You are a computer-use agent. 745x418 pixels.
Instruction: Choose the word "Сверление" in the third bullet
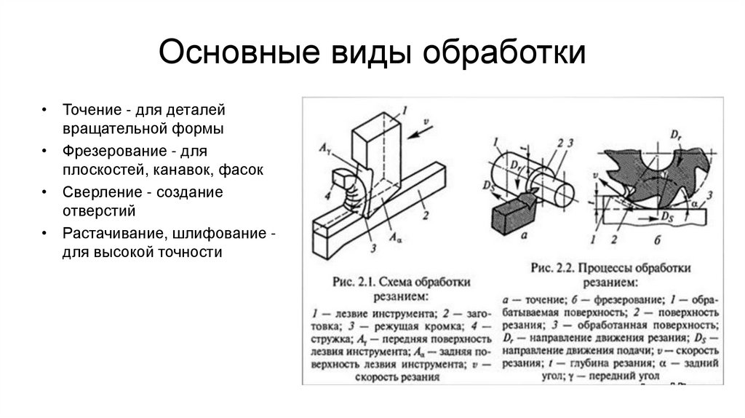point(95,193)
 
